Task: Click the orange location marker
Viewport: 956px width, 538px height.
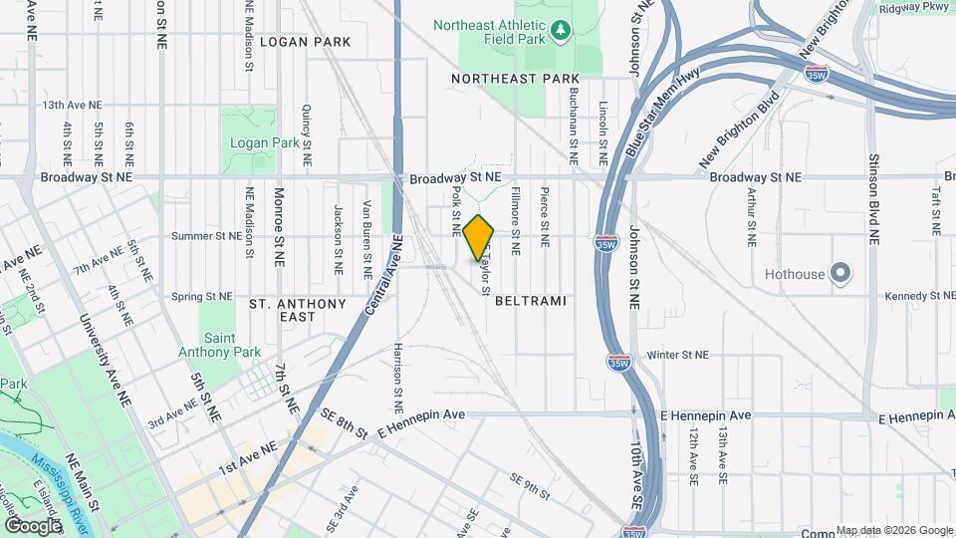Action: tap(479, 237)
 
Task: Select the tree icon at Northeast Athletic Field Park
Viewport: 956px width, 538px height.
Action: tap(560, 30)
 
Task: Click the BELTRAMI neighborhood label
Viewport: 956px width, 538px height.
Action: tap(530, 300)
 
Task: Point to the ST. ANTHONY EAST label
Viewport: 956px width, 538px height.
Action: tap(297, 310)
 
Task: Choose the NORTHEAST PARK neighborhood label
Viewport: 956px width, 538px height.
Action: tap(514, 78)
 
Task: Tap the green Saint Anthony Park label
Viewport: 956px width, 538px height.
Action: tap(219, 345)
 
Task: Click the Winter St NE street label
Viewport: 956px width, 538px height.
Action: tap(677, 354)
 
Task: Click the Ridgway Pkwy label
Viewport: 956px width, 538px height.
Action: tap(913, 8)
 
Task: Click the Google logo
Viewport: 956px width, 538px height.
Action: tap(33, 524)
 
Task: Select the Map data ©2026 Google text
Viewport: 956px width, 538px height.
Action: tap(893, 530)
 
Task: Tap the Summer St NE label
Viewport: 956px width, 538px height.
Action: tap(206, 236)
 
